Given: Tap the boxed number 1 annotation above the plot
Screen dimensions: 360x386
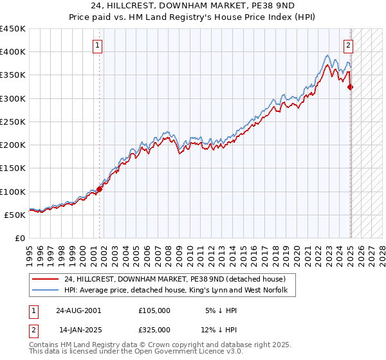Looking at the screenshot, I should (x=97, y=45).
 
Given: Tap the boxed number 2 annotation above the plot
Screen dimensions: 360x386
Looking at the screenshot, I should (x=348, y=45).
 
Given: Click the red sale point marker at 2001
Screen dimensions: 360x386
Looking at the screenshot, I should (x=100, y=189).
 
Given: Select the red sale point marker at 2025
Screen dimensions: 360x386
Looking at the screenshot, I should (x=351, y=87).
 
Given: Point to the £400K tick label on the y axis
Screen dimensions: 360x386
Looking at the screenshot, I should (x=13, y=52).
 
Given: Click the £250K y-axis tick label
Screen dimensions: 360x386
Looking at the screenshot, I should (x=13, y=122).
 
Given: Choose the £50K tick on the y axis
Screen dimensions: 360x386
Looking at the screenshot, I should (x=16, y=215).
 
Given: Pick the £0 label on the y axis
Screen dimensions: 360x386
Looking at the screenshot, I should (x=21, y=238).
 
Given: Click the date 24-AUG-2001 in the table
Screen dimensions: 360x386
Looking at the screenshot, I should (x=78, y=310).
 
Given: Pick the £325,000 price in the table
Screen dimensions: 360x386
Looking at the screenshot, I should (x=154, y=330).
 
